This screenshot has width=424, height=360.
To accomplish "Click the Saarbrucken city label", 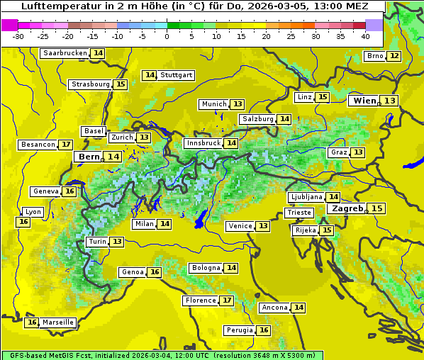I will coord(65,53).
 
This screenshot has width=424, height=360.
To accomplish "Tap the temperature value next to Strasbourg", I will coord(121,84).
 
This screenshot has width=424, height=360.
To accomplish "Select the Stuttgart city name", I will coord(177,75).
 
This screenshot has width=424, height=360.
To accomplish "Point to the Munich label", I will coord(214,104).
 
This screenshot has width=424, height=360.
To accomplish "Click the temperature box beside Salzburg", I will coord(284,119).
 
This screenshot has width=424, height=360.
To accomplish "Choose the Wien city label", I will coord(365,101).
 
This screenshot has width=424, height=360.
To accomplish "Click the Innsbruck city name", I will coord(203,143).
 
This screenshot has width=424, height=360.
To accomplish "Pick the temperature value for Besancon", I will coord(66,145).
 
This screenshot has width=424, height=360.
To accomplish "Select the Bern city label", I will coord(89,157).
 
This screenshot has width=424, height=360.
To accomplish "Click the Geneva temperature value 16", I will coord(69,191).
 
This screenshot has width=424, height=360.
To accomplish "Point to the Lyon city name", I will coord(33,212).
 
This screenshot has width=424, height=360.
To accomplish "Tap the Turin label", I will coord(98,242).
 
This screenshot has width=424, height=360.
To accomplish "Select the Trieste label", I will coord(299,213).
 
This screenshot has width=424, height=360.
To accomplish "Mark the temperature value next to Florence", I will coord(227,300).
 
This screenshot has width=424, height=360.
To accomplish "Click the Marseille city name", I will coord(57,322).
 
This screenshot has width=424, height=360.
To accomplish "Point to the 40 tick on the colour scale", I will coord(365,35).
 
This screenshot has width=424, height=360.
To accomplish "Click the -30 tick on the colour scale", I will coord(18,35).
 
